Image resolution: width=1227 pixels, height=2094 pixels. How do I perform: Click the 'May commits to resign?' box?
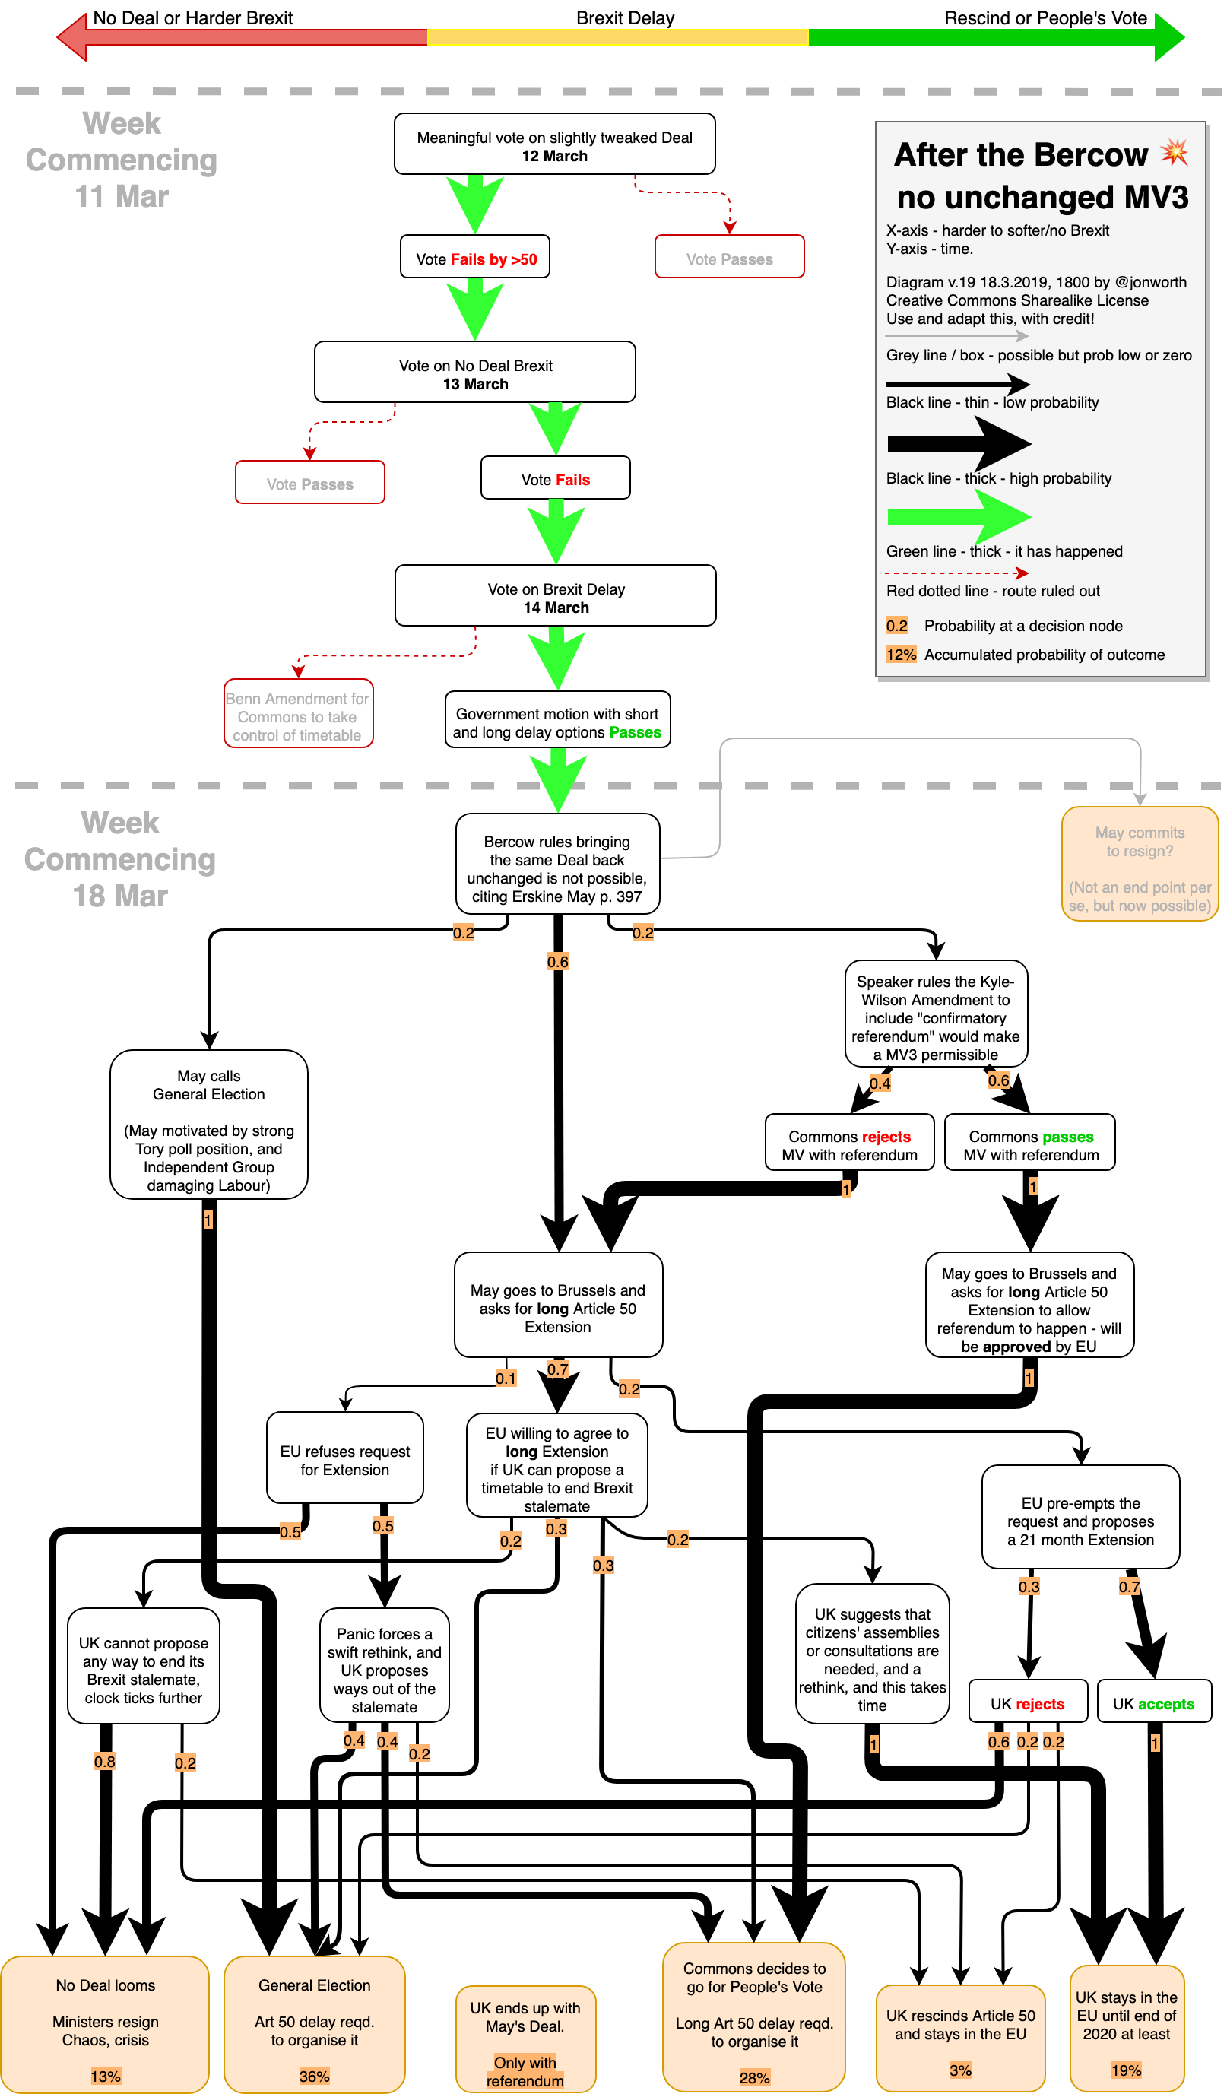pos(1139,865)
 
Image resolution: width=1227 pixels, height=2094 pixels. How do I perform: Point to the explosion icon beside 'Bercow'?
pos(1174,152)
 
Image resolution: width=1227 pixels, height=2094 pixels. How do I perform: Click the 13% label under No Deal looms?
pos(106,2076)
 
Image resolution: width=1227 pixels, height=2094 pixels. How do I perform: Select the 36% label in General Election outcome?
pos(314,2076)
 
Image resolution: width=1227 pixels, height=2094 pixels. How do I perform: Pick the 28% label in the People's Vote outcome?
pos(754,2077)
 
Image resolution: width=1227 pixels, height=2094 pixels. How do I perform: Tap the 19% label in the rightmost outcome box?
pos(1126,2070)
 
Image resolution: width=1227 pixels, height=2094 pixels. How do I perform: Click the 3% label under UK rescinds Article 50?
pos(960,2070)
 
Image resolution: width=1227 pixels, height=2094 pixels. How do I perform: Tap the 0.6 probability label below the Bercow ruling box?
pos(557,961)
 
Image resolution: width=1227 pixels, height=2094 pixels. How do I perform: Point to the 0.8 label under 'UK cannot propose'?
pos(105,1761)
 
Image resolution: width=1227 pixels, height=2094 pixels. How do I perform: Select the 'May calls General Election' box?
pos(208,1125)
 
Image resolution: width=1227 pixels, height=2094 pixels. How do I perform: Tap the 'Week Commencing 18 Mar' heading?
pos(120,859)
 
